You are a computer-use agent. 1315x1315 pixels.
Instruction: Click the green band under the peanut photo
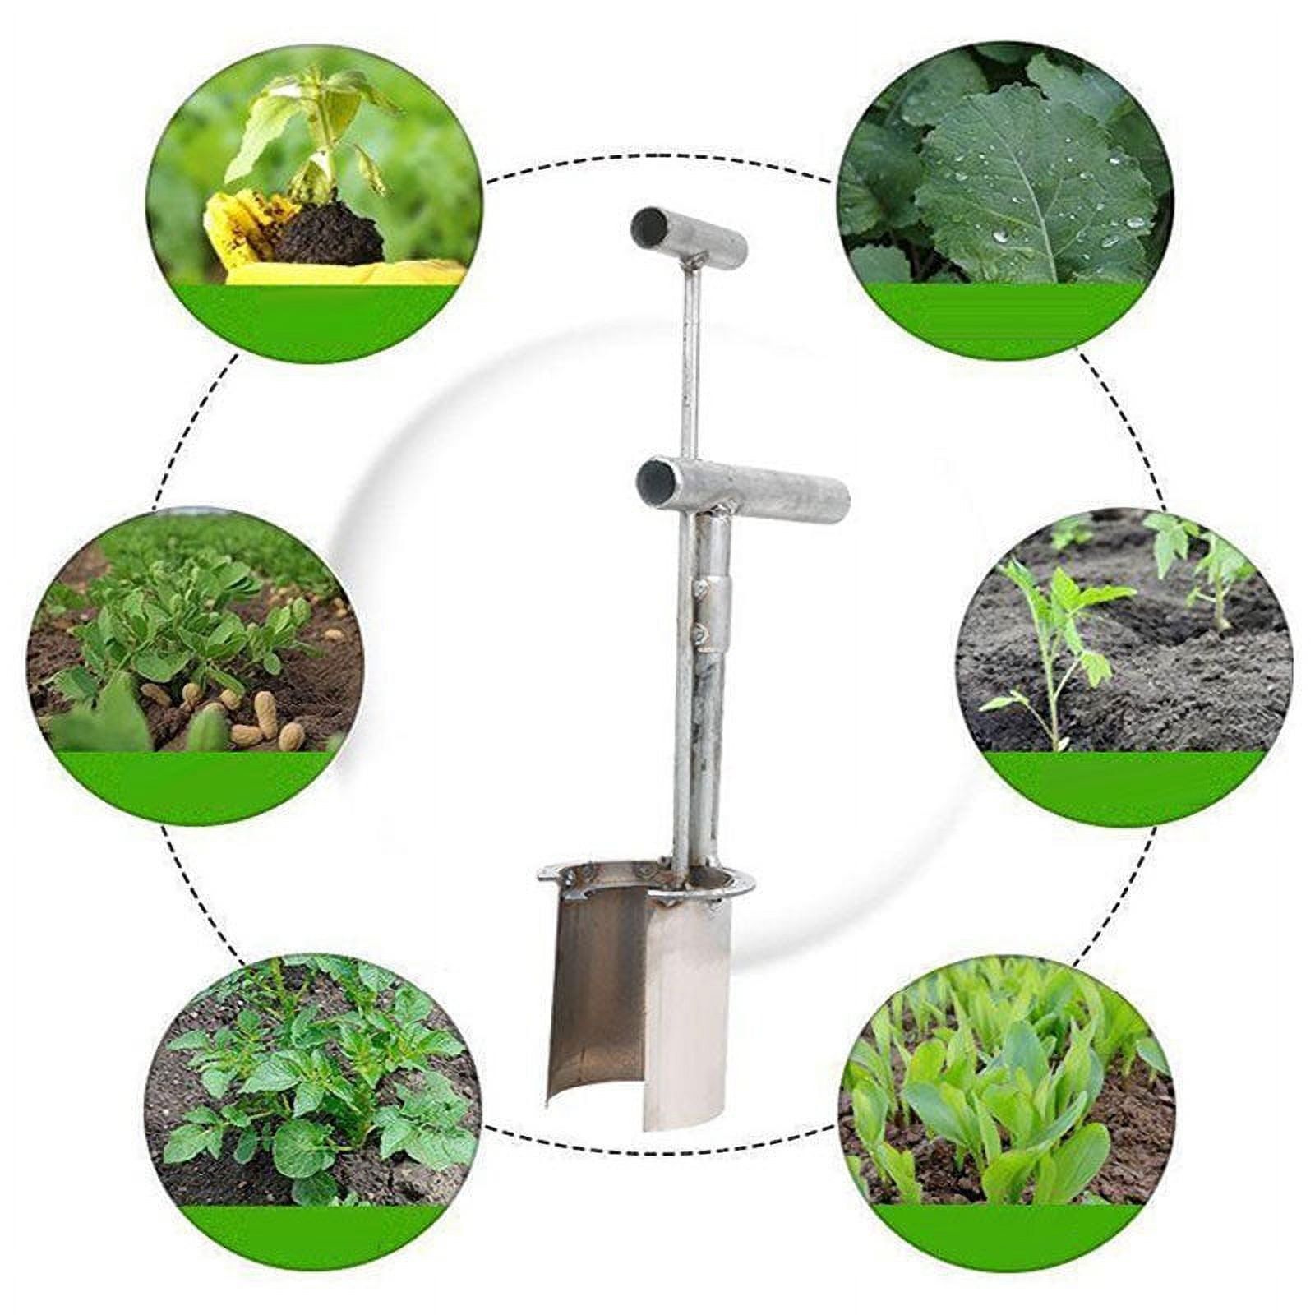(197, 785)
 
